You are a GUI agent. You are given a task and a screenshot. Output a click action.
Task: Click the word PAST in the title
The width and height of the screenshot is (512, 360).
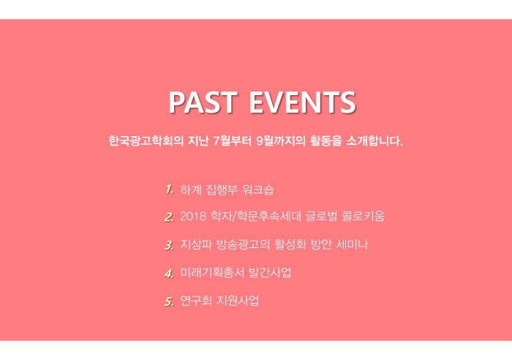[x=203, y=102]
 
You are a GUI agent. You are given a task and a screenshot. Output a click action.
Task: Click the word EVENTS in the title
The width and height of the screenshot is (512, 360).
[x=303, y=102]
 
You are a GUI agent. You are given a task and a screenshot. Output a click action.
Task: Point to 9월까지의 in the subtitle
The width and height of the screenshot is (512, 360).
[x=281, y=140]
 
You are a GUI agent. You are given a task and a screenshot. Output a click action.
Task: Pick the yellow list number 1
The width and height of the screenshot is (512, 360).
[x=169, y=190]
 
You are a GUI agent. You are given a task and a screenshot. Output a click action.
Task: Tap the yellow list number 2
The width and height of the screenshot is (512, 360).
[x=169, y=217]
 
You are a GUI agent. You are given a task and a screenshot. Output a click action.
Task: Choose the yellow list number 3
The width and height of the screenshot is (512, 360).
[x=169, y=245]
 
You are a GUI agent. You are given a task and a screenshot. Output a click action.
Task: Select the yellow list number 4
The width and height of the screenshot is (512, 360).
[x=169, y=273]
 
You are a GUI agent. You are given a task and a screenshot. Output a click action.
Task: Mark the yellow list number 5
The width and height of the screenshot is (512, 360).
[x=169, y=301]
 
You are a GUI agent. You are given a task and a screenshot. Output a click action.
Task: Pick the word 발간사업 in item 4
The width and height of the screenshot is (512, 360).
[x=270, y=272]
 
